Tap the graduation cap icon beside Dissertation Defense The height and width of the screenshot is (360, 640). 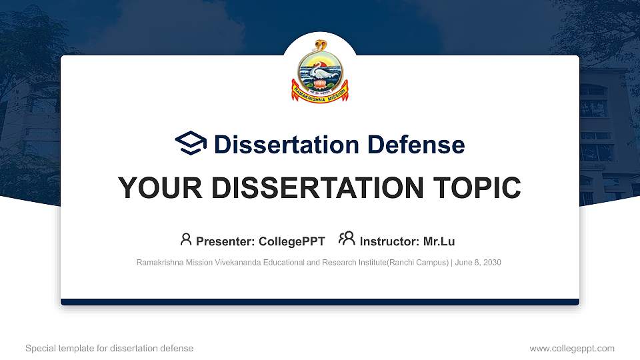[x=191, y=144]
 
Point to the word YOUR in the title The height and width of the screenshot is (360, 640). [x=151, y=188]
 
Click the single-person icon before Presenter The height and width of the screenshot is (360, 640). [x=186, y=239]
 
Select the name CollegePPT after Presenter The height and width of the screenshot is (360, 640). [x=292, y=241]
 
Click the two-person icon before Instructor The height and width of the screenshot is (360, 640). [x=347, y=239]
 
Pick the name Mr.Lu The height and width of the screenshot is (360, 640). [x=439, y=241]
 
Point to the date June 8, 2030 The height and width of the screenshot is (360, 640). [x=479, y=263]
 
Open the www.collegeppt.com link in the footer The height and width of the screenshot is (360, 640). [x=571, y=348]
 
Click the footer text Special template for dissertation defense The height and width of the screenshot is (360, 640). [x=109, y=348]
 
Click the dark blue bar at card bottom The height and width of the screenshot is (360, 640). [x=320, y=302]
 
